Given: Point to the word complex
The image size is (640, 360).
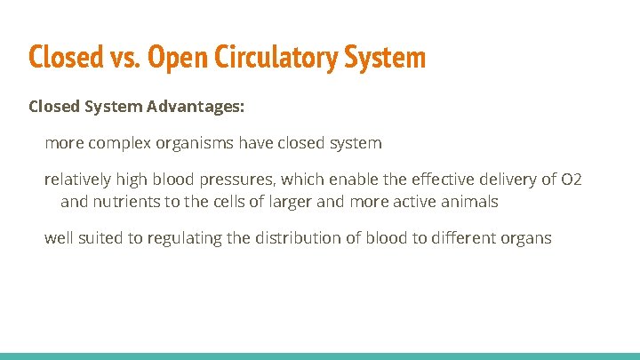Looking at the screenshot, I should [x=119, y=142].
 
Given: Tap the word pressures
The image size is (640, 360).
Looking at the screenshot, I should [x=235, y=180].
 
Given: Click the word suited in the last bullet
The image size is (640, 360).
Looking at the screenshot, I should [x=105, y=238].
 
